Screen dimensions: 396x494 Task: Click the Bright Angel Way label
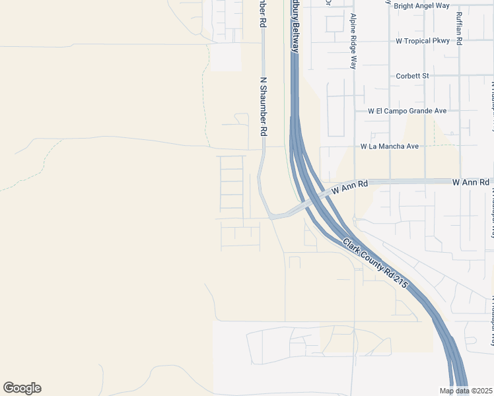pos(421,6)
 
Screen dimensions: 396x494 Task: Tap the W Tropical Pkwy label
pos(423,41)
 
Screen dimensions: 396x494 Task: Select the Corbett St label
pos(412,76)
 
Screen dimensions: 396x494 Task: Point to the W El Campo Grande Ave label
pos(407,111)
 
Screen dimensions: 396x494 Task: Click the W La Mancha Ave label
pos(390,146)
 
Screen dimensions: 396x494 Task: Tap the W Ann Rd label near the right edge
pos(470,181)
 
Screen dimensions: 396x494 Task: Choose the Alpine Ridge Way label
pos(353,41)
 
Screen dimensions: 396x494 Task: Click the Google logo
pos(22,388)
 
